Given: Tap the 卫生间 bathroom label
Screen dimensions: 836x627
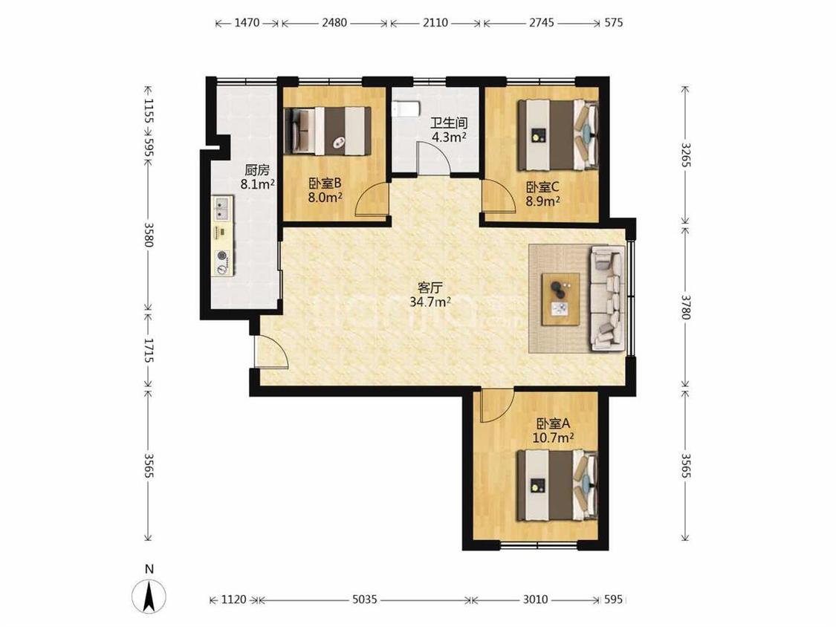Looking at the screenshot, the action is pyautogui.click(x=450, y=123).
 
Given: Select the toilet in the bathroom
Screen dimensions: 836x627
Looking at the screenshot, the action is pyautogui.click(x=404, y=109).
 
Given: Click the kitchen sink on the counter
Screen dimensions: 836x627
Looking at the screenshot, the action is pyautogui.click(x=222, y=208).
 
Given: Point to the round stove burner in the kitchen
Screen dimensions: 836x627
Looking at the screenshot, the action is pyautogui.click(x=221, y=256).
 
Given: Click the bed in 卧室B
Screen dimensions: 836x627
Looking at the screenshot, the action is pyautogui.click(x=328, y=131).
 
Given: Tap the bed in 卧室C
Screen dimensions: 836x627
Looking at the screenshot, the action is pyautogui.click(x=558, y=134).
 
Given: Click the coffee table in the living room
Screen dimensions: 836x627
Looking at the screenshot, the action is pyautogui.click(x=560, y=299).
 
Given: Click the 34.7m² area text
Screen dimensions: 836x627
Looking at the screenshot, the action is pyautogui.click(x=430, y=302).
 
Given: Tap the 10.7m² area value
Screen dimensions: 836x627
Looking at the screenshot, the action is pyautogui.click(x=554, y=438).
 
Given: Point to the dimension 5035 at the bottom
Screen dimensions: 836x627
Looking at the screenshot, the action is pyautogui.click(x=365, y=600).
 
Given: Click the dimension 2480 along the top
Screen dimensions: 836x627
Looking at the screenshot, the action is pyautogui.click(x=334, y=23).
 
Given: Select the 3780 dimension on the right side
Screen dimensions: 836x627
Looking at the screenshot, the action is pyautogui.click(x=686, y=307).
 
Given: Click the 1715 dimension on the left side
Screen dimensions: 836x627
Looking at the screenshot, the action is pyautogui.click(x=149, y=351).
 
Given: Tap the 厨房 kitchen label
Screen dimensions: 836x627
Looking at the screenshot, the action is pyautogui.click(x=257, y=171).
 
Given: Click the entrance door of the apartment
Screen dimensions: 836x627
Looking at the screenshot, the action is pyautogui.click(x=271, y=352).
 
